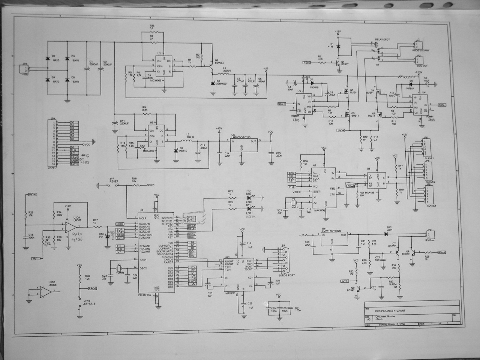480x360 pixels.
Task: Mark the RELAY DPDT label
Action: [382, 39]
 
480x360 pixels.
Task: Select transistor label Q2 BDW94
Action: [219, 62]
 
